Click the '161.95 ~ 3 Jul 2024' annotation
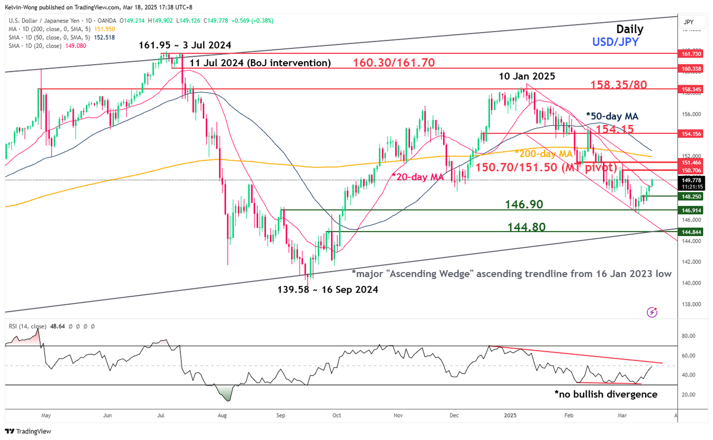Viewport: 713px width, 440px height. click(x=185, y=45)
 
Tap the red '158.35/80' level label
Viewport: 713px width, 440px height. click(x=618, y=85)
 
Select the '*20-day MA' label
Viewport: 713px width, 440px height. click(x=416, y=176)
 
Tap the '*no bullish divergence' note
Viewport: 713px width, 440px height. click(x=606, y=394)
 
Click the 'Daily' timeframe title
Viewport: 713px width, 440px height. click(x=629, y=29)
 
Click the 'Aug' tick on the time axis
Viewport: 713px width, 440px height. click(x=222, y=416)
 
